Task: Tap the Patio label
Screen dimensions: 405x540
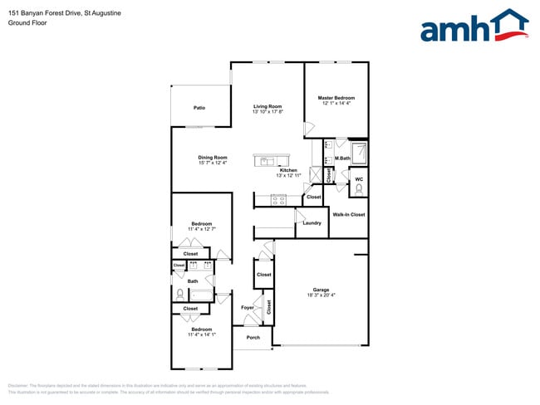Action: click(199, 108)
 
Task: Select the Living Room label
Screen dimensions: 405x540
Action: click(268, 106)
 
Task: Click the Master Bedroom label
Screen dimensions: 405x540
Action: click(336, 98)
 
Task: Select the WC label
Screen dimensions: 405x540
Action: click(359, 179)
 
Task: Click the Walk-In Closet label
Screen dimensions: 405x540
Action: click(349, 215)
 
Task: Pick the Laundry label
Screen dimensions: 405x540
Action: click(312, 222)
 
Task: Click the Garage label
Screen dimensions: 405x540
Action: click(321, 290)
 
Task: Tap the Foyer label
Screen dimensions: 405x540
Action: click(247, 308)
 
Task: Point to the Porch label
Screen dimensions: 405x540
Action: click(253, 338)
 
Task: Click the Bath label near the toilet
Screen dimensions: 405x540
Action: click(192, 281)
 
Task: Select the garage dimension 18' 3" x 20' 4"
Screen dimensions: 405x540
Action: click(321, 295)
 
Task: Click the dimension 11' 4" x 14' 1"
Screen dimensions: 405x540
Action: click(201, 334)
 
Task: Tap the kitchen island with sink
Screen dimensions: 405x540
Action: click(272, 159)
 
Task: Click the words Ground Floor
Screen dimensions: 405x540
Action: click(27, 23)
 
